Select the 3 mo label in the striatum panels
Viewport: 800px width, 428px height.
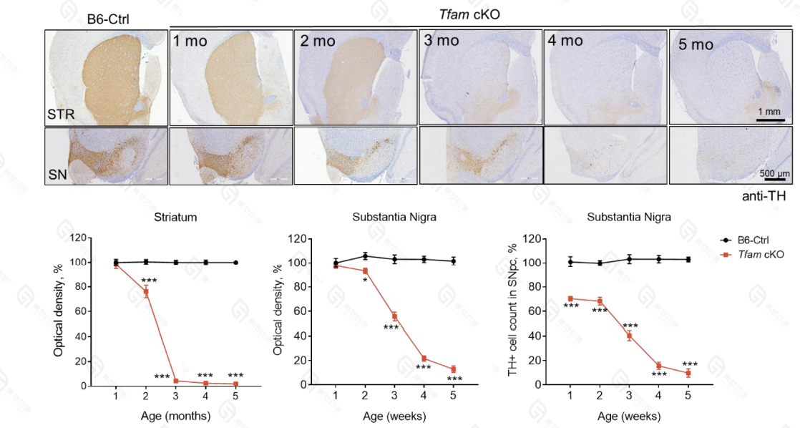(x=440, y=40)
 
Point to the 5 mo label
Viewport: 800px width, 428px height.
(x=696, y=44)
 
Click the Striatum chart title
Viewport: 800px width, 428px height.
(x=175, y=218)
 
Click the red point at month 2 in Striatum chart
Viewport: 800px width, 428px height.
(x=145, y=291)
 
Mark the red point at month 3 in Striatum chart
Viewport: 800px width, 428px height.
(x=175, y=381)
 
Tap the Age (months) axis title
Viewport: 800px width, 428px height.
(x=175, y=416)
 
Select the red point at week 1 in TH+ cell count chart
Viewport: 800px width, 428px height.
(x=570, y=298)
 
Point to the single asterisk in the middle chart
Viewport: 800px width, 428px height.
(x=365, y=280)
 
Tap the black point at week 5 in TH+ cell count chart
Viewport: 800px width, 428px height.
(x=688, y=259)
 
